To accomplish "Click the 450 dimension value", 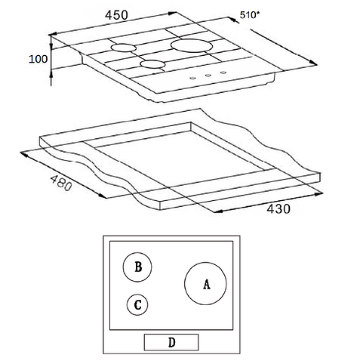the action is (116, 15).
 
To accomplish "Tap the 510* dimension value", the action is (249, 15).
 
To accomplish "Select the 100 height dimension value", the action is (38, 59).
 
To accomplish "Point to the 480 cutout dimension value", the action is (61, 183).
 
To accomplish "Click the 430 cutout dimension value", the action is (278, 209).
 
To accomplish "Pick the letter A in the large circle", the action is (207, 284).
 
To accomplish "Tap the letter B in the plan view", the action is (138, 267).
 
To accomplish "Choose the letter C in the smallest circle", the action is (137, 305).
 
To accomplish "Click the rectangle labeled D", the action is (171, 342).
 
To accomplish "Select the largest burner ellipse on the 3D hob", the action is (192, 45).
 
